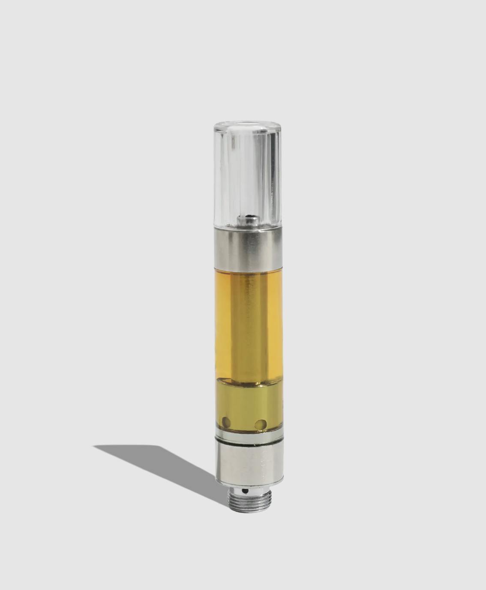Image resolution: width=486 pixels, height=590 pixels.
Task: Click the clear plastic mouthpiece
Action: pyautogui.click(x=248, y=171)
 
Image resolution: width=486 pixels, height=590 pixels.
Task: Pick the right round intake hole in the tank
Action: pyautogui.click(x=260, y=424)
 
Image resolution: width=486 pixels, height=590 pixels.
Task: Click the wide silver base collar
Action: pyautogui.click(x=249, y=462)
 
